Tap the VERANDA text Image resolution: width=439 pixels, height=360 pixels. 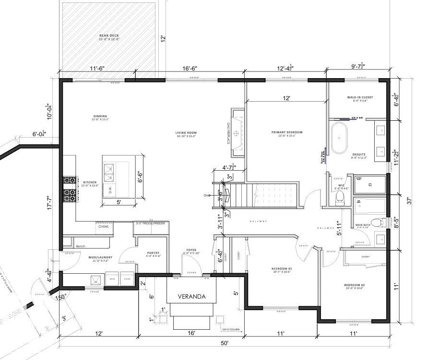click(x=191, y=296)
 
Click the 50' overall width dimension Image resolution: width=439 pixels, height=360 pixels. click(x=225, y=343)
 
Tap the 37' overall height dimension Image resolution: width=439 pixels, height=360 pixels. click(x=409, y=202)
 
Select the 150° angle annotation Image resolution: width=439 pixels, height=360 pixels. click(x=60, y=297)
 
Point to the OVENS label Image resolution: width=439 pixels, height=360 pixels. click(x=104, y=227)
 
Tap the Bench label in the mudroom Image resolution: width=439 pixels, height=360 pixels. click(x=81, y=246)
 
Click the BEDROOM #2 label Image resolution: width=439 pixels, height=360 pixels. click(x=355, y=287)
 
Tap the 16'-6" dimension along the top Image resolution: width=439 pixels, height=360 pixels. click(x=190, y=69)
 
